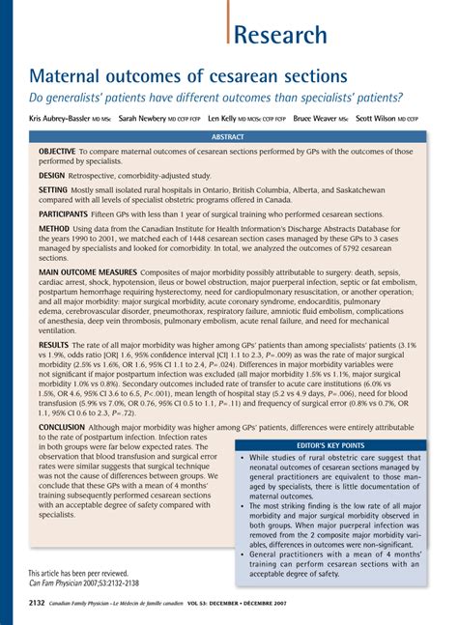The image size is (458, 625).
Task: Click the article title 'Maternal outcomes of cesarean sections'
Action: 188,75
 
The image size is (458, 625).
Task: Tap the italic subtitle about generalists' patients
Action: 215,98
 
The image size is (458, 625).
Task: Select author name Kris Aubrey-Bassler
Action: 61,118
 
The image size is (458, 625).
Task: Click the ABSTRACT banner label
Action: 229,137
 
